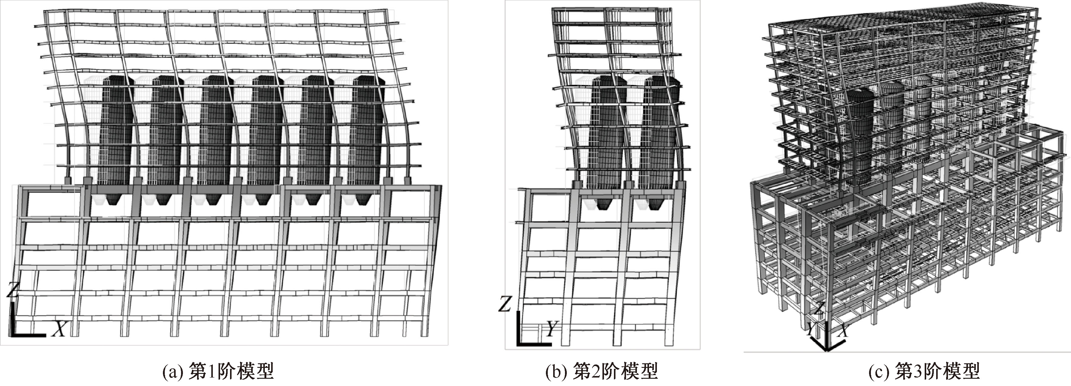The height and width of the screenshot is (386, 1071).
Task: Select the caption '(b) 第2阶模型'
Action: [x=601, y=371]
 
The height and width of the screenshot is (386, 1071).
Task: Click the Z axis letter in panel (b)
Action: [x=505, y=304]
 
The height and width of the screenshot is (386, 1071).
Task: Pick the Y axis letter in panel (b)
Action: [x=551, y=329]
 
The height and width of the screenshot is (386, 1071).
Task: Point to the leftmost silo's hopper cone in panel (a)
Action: [x=113, y=200]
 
